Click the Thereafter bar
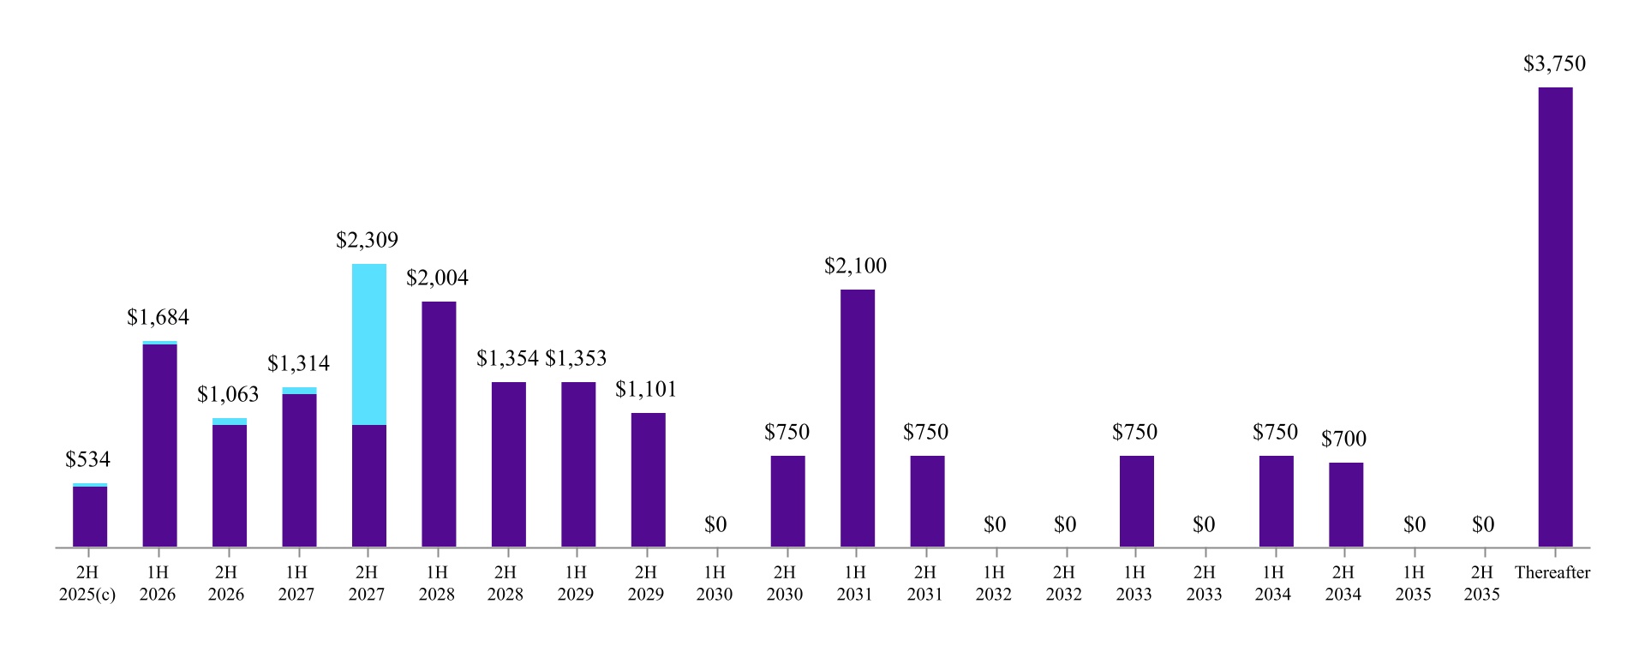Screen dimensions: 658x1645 click(x=1555, y=317)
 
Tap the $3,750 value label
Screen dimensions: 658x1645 click(x=1554, y=63)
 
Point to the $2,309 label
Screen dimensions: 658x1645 click(x=367, y=240)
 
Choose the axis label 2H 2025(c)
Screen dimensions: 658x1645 click(x=87, y=583)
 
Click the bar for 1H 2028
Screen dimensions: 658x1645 click(x=439, y=424)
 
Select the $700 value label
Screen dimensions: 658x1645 click(x=1343, y=439)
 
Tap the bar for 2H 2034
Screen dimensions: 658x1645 click(x=1346, y=505)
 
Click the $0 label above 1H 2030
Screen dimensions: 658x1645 click(x=715, y=524)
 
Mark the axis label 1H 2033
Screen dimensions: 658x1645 click(x=1134, y=583)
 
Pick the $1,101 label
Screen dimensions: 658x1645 click(x=646, y=389)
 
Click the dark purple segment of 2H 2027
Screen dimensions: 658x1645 click(x=369, y=486)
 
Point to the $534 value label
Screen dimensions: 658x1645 click(x=87, y=459)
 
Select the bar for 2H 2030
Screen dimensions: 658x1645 click(x=787, y=501)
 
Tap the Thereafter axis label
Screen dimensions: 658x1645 click(x=1552, y=572)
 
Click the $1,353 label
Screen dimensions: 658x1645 click(x=576, y=358)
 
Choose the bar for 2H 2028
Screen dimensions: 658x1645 click(x=509, y=464)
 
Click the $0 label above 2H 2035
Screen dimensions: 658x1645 click(x=1483, y=524)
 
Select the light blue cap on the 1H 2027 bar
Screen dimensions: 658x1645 click(x=299, y=391)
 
